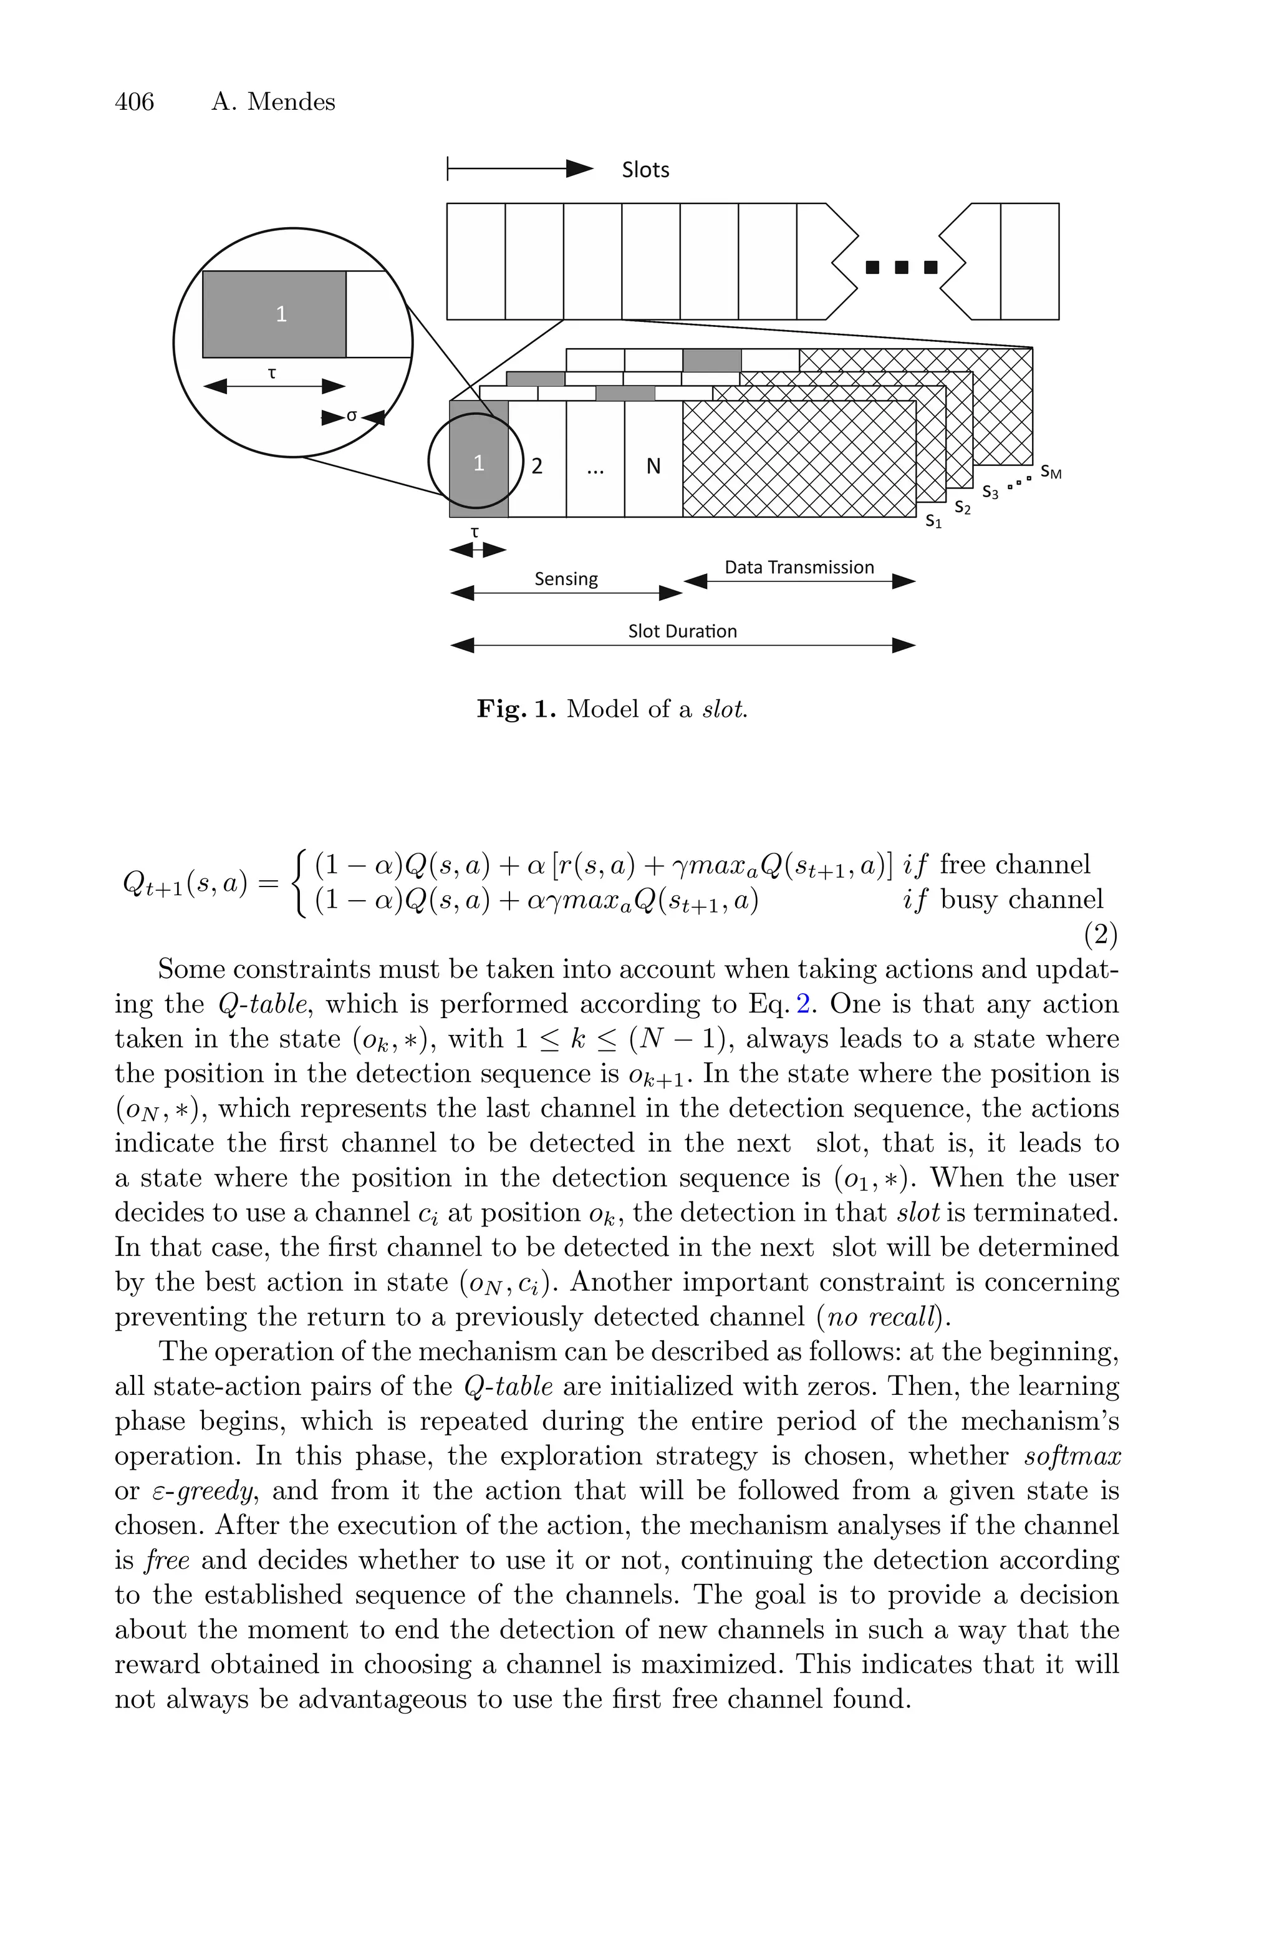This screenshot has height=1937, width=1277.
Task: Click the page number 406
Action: click(135, 102)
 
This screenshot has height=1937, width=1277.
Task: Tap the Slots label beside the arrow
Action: click(645, 170)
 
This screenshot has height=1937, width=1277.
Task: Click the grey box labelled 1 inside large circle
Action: click(274, 314)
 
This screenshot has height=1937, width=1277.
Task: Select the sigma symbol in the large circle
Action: click(352, 416)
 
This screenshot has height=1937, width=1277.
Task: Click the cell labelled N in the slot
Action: click(653, 467)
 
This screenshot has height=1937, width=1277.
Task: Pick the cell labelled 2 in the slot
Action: click(537, 467)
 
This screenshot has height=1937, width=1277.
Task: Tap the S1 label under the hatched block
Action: click(933, 522)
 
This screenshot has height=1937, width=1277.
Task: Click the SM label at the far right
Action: click(1051, 472)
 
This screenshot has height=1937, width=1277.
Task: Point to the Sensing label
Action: click(566, 579)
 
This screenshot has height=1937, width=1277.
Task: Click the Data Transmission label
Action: click(799, 568)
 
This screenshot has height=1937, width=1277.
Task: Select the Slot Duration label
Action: click(683, 631)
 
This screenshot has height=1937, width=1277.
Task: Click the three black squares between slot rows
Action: click(901, 267)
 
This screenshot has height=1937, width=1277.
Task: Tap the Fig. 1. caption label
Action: click(516, 709)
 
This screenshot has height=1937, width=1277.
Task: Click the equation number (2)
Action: click(1101, 935)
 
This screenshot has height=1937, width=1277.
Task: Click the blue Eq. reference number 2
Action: click(803, 1004)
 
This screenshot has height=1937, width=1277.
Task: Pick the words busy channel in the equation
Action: click(1021, 900)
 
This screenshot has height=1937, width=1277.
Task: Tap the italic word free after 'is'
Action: click(167, 1560)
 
